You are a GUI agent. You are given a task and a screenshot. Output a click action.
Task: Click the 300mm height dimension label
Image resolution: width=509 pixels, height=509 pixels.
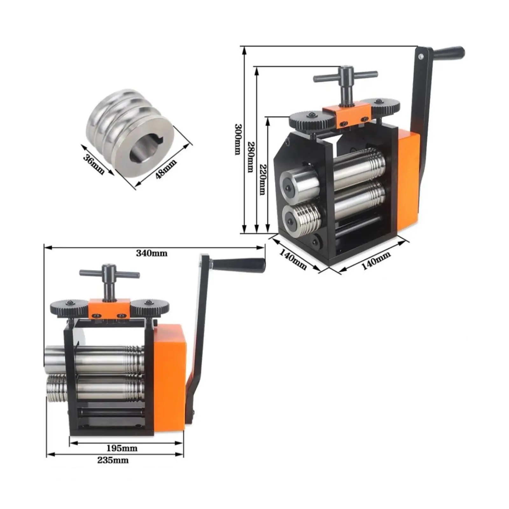coord(238,139)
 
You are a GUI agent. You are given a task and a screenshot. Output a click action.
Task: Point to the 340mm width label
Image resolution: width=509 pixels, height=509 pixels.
coord(152,253)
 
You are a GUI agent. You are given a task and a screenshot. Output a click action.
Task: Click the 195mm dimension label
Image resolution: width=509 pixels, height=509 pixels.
coord(122,448)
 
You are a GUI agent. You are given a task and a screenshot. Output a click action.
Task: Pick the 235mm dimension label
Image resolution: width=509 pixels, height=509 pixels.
coord(113,460)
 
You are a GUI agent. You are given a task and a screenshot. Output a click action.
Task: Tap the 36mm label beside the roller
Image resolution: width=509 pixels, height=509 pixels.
coord(94,164)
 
